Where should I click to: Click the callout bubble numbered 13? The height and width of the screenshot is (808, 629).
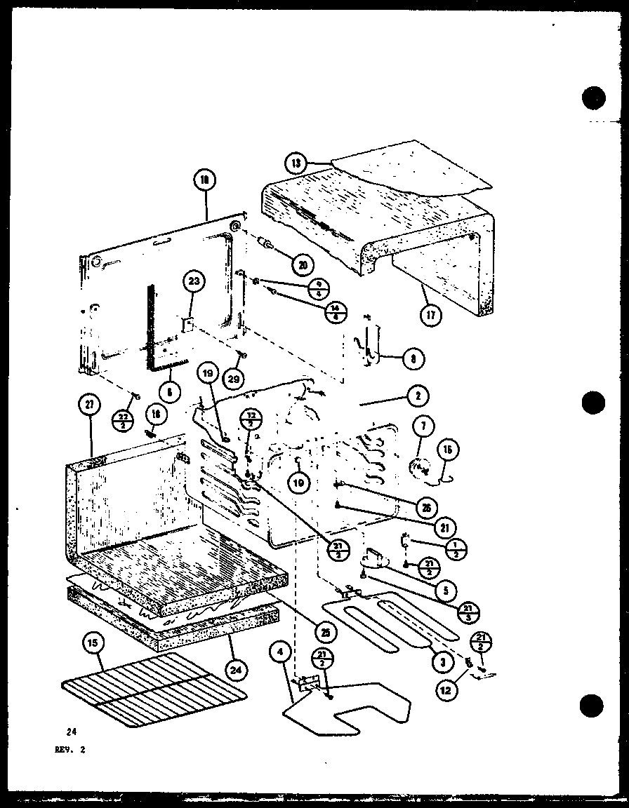(x=296, y=164)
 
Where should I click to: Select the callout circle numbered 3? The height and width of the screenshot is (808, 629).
(x=441, y=661)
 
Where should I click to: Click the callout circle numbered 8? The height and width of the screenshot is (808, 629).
(x=414, y=359)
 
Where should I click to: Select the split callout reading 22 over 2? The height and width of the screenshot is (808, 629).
(x=123, y=422)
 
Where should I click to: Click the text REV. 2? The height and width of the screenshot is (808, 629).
(x=74, y=748)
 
